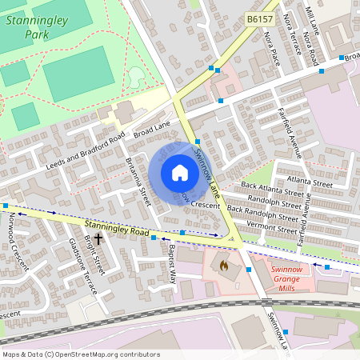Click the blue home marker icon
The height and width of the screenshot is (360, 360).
coord(179,173)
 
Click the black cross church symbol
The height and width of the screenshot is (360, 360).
coord(98,238)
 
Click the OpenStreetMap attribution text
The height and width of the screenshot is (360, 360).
coord(80,354)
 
